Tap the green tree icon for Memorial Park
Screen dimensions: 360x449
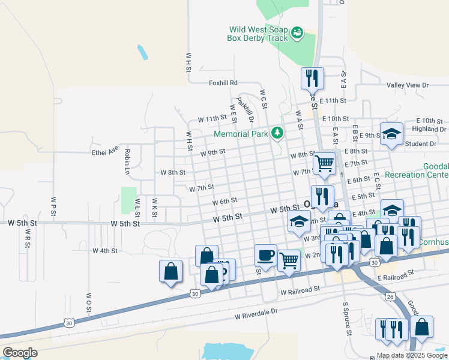tap(277, 133)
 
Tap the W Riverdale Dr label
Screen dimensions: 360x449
tap(256, 312)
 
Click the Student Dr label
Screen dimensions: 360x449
tap(420, 144)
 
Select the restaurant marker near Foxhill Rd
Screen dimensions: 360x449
tap(312, 79)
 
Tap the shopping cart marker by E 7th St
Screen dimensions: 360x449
tap(324, 163)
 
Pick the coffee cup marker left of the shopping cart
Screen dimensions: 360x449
tap(265, 256)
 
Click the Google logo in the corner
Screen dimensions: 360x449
tap(20, 352)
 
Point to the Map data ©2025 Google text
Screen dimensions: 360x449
tap(412, 355)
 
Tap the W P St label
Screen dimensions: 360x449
tap(53, 204)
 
